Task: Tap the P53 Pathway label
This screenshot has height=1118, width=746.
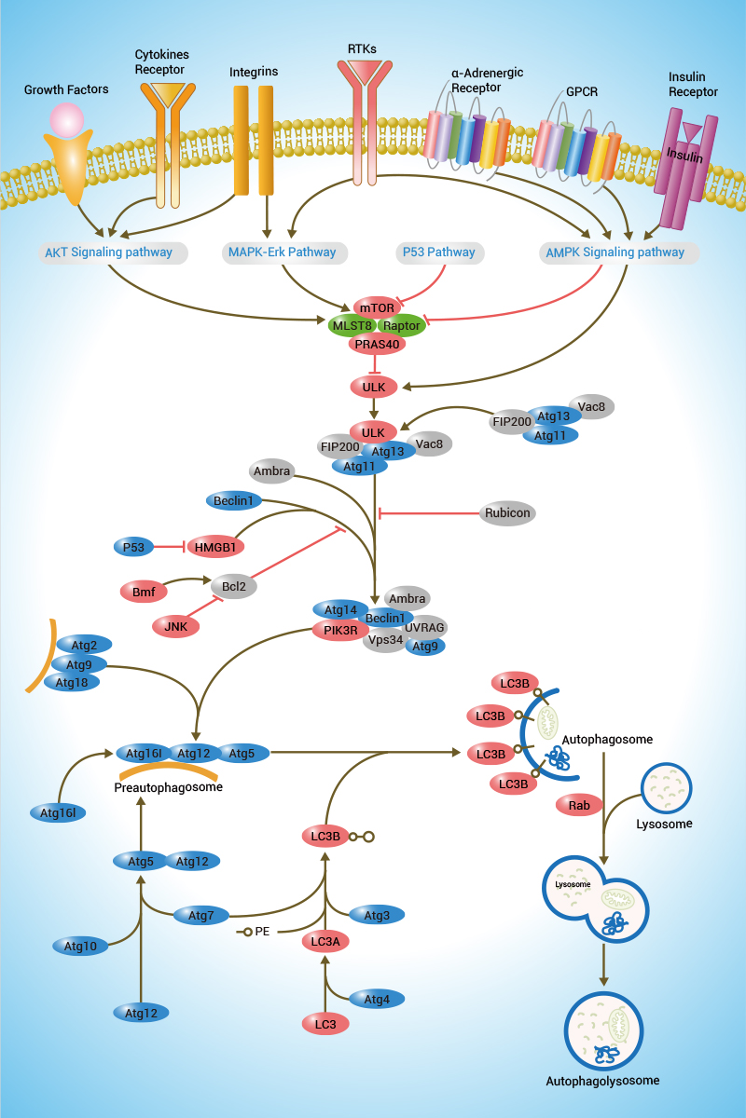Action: pyautogui.click(x=438, y=252)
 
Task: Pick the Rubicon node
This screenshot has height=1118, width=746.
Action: pyautogui.click(x=509, y=512)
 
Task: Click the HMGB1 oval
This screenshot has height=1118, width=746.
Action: pyautogui.click(x=215, y=547)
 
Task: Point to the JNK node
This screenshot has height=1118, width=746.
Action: pyautogui.click(x=176, y=627)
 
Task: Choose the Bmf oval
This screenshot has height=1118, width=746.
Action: pyautogui.click(x=143, y=590)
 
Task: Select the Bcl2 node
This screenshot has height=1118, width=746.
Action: pyautogui.click(x=234, y=587)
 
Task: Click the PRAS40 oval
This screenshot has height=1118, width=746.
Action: pyautogui.click(x=378, y=345)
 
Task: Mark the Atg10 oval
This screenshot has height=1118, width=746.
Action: pyautogui.click(x=81, y=947)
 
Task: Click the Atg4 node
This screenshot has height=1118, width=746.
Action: pyautogui.click(x=377, y=1000)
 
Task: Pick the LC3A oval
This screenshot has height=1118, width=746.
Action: pyautogui.click(x=325, y=942)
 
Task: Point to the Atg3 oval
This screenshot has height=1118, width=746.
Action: pyautogui.click(x=377, y=916)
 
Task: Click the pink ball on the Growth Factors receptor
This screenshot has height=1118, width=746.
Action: pyautogui.click(x=67, y=119)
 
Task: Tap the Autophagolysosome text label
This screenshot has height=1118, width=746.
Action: pyautogui.click(x=602, y=1081)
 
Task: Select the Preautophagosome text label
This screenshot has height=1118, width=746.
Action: pyautogui.click(x=168, y=787)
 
